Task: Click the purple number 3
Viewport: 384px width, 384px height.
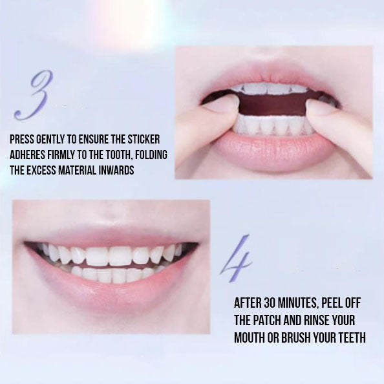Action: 33,94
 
